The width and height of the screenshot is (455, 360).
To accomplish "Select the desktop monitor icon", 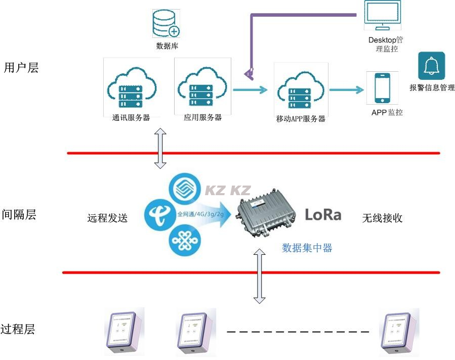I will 382,17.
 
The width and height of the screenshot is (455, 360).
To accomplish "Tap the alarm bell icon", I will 431,66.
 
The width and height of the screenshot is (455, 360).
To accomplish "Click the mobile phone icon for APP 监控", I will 383,88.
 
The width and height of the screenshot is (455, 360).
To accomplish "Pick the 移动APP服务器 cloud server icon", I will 301,89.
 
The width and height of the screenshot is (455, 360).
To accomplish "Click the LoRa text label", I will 323,215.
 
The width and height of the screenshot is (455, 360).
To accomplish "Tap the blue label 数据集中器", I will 307,248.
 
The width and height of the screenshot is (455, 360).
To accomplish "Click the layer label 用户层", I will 21,67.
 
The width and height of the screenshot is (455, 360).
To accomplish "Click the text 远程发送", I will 107,218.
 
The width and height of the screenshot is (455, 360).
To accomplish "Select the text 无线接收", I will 382,218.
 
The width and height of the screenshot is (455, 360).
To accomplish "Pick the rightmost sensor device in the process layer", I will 400,332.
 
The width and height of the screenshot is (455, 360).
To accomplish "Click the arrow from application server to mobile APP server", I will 250,91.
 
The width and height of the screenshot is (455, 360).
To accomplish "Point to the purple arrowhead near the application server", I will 248,74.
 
